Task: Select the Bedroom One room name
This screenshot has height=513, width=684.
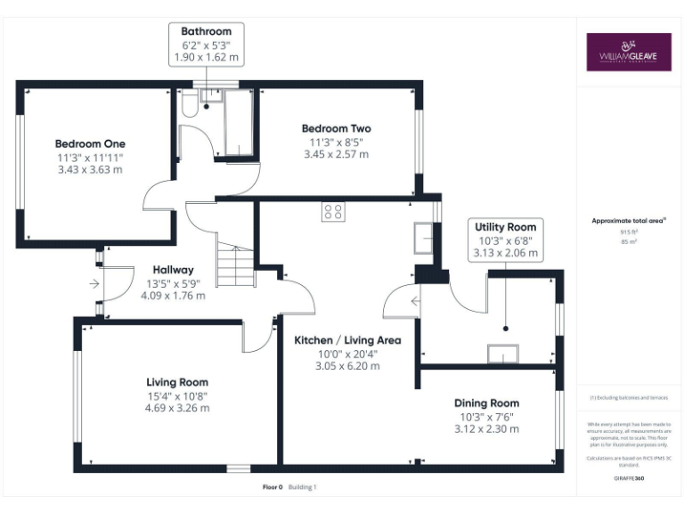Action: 90,143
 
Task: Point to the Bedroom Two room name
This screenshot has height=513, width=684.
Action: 336,128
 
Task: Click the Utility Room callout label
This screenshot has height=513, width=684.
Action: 505,227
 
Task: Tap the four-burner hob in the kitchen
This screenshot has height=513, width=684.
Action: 333,212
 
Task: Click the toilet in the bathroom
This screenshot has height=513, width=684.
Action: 188,106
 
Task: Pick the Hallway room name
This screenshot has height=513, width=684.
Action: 172,270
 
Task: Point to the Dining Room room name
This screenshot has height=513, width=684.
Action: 486,403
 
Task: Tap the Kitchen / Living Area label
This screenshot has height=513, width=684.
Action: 347,340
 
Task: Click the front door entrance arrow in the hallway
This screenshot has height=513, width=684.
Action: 94,284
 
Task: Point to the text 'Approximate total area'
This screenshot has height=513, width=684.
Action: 629,220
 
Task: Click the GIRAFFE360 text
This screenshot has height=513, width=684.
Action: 629,478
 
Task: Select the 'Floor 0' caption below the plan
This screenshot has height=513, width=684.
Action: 272,487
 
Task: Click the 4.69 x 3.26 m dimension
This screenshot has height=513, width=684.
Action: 177,408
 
